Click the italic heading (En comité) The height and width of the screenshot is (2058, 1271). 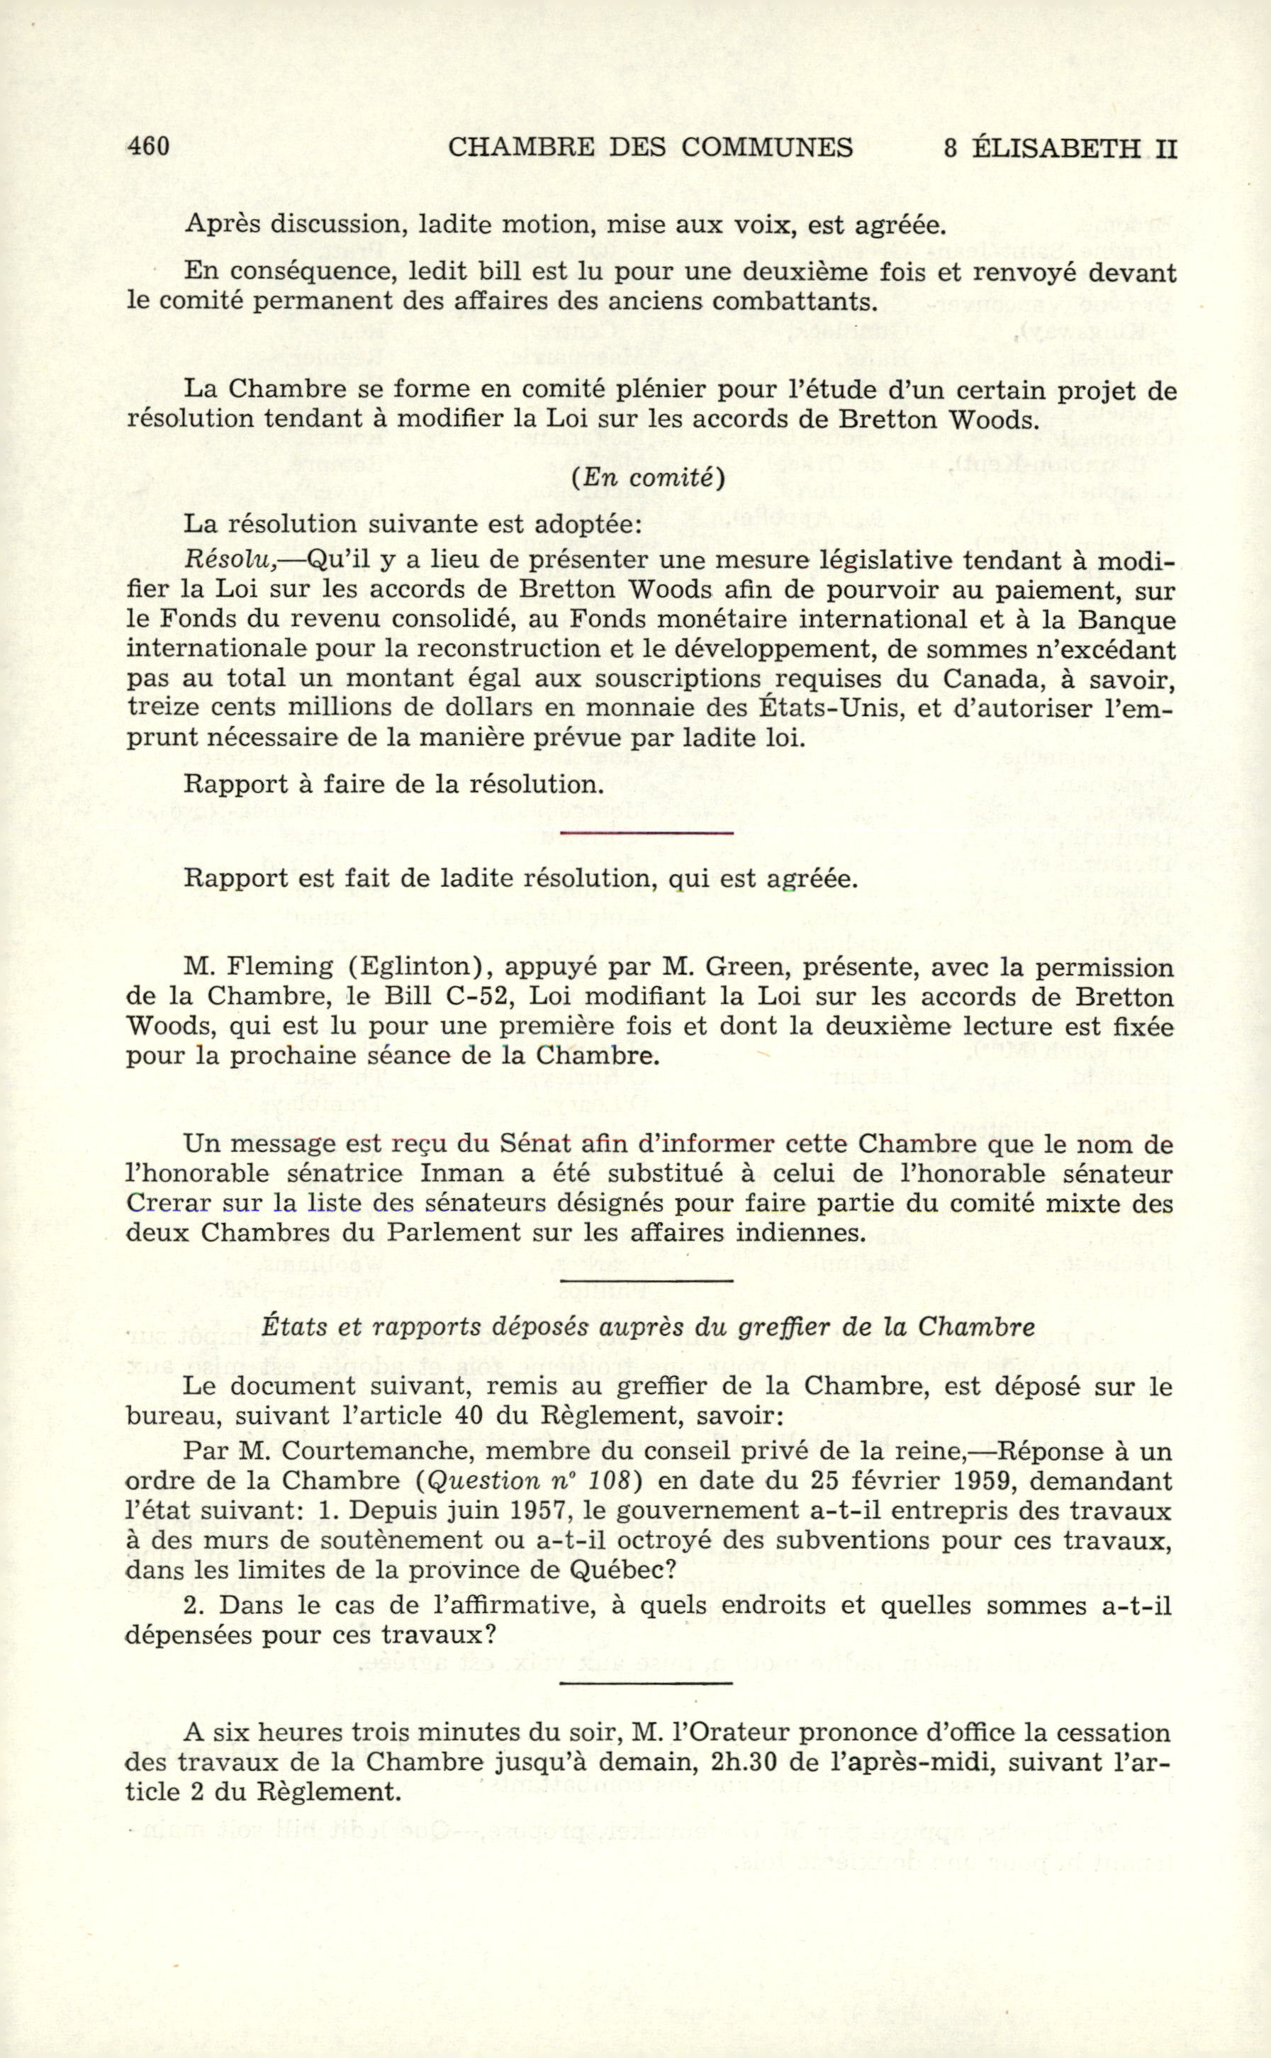[646, 478]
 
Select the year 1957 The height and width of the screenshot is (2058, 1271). [535, 1510]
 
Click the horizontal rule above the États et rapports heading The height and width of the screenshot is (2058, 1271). [646, 1280]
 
